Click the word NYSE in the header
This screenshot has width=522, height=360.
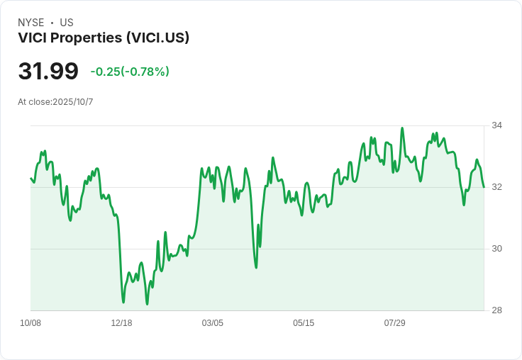coord(30,23)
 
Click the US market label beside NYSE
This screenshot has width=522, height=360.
coord(67,23)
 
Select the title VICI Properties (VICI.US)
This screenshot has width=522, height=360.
coord(104,38)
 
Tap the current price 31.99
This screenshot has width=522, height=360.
coord(48,72)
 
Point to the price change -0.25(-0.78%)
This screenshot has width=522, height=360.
coord(130,72)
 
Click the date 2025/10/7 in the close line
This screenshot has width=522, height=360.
coord(72,102)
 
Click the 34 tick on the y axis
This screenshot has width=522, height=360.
coord(497,125)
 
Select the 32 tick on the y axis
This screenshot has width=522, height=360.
coord(497,187)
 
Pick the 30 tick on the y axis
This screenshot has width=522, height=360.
coord(497,249)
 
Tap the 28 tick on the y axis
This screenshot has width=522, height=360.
coord(497,310)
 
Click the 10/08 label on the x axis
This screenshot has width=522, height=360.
coord(30,323)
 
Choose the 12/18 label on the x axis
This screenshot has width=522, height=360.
coord(121,323)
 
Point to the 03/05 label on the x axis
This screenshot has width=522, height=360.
coord(212,323)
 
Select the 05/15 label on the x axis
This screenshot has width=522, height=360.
coord(304,323)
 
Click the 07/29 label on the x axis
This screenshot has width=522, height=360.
coord(394,323)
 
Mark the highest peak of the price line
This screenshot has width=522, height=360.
coord(402,128)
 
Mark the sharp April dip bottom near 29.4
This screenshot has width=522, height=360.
coord(256,267)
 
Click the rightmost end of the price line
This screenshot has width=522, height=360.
coord(484,187)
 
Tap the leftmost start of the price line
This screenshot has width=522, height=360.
coord(30,179)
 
